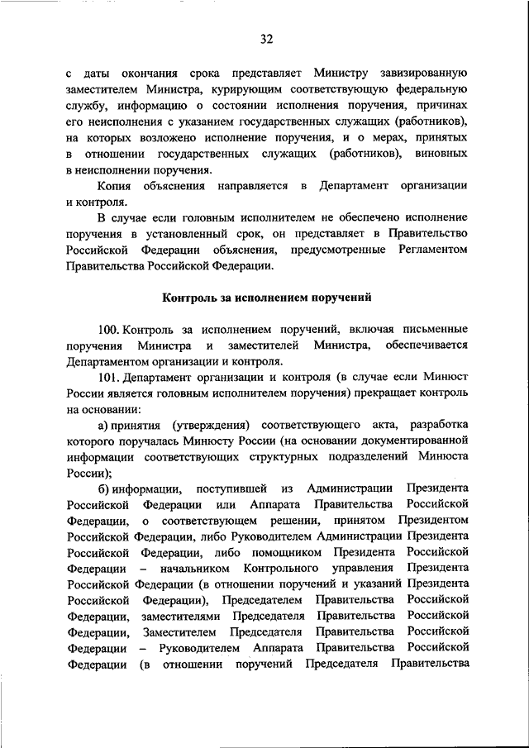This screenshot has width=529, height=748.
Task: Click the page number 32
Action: pos(264,39)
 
